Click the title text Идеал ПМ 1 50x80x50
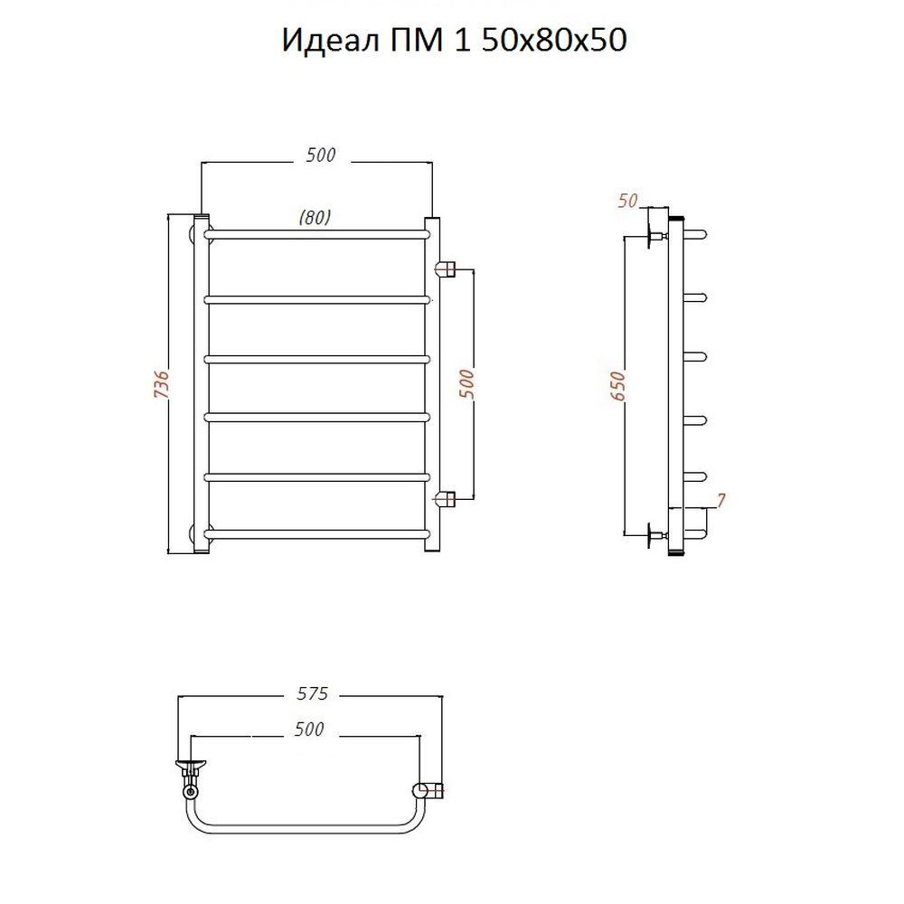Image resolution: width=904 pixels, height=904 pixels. click(454, 41)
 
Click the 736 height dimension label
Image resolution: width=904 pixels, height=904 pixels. click(163, 382)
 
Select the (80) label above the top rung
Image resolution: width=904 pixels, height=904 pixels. click(315, 217)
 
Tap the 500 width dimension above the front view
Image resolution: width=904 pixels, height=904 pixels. click(321, 155)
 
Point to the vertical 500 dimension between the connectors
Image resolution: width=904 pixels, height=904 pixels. click(466, 384)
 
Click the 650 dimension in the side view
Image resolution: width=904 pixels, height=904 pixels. click(617, 386)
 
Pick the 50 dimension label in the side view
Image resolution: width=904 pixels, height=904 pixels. click(628, 200)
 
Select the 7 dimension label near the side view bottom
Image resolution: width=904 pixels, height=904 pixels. click(720, 501)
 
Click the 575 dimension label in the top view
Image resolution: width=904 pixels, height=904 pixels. click(312, 693)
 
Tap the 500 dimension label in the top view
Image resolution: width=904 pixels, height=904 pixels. click(309, 730)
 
